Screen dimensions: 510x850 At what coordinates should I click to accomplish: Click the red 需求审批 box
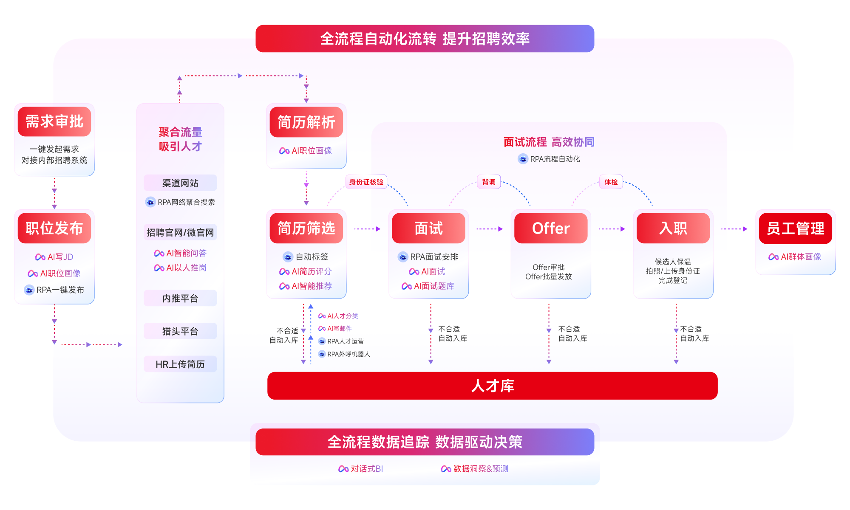(x=54, y=121)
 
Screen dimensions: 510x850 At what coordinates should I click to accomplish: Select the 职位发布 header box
(x=54, y=228)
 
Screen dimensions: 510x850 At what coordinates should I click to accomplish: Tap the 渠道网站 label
(x=180, y=183)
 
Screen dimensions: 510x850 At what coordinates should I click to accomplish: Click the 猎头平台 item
(x=180, y=331)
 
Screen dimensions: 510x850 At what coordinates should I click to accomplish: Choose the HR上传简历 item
(x=180, y=364)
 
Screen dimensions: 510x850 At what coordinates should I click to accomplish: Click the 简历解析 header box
(x=306, y=122)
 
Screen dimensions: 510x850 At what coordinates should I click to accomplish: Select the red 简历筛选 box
(x=306, y=228)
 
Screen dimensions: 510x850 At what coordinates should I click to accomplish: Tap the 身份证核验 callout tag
(x=366, y=182)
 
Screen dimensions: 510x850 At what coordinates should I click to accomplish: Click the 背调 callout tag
(x=489, y=182)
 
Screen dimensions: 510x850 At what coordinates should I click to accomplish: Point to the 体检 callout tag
(x=611, y=182)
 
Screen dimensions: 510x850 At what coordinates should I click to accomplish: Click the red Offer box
(x=551, y=228)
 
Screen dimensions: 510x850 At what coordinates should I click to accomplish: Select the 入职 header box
(x=673, y=228)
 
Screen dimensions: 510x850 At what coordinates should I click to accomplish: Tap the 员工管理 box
(x=795, y=228)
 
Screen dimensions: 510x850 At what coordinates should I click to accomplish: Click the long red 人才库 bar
(x=492, y=386)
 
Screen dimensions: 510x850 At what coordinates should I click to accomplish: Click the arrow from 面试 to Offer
(x=490, y=229)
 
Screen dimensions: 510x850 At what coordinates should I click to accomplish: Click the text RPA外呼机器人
(x=348, y=354)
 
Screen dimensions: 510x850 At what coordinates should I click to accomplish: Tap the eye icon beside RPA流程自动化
(x=523, y=159)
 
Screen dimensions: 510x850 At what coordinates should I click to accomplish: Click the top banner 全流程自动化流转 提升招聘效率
(x=425, y=39)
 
